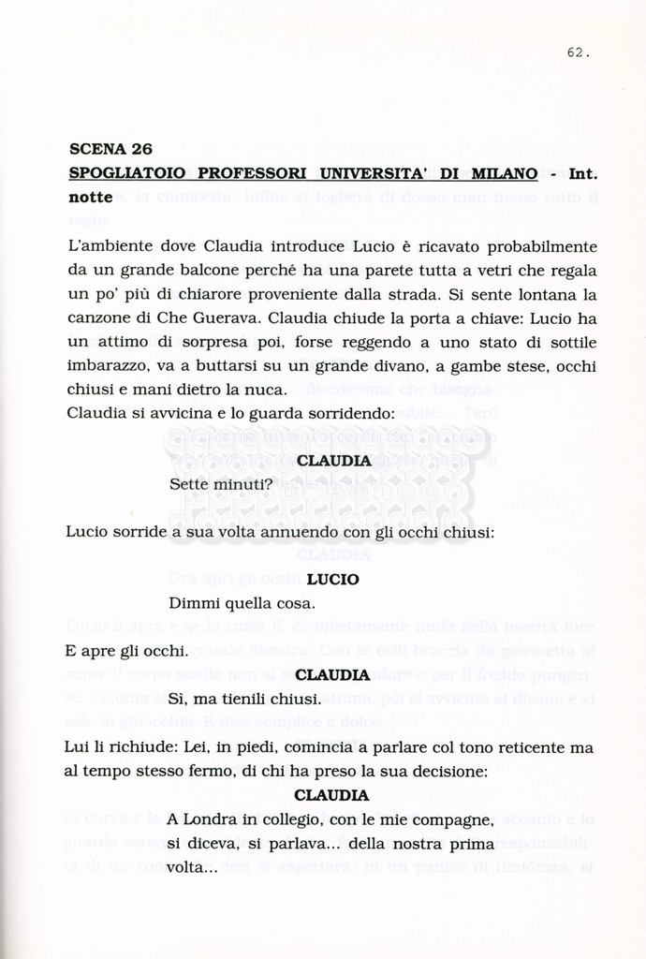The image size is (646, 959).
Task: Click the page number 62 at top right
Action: tap(578, 53)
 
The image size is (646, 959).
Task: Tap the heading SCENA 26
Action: tap(110, 149)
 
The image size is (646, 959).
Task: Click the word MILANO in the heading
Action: tap(504, 173)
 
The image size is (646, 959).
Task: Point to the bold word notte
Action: tap(91, 198)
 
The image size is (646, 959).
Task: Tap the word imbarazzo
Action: tap(107, 366)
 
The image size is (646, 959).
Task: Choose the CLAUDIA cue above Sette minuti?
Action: tap(333, 461)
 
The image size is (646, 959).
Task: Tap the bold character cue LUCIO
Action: tap(332, 580)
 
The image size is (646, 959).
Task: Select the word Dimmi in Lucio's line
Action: tap(193, 603)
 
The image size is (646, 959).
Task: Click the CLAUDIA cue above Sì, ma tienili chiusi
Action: tap(333, 675)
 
